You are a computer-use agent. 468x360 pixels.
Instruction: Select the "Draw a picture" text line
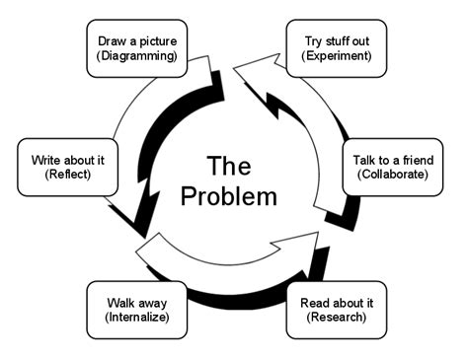click(138, 41)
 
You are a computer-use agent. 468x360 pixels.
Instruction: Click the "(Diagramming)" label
click(138, 57)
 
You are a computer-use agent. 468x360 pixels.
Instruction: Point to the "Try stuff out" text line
click(336, 41)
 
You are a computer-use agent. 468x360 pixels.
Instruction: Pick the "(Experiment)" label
click(336, 57)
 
